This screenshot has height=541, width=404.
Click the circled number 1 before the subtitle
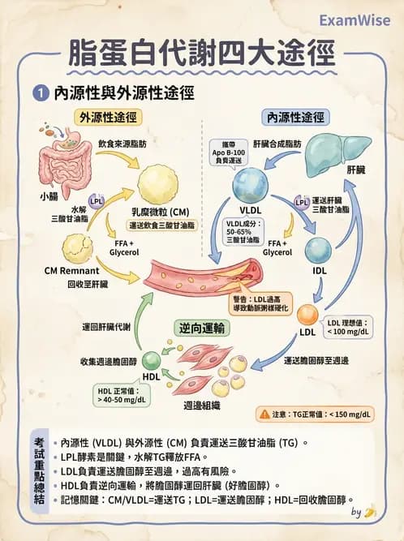(38, 94)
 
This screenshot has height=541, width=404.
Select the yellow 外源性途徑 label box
(107, 117)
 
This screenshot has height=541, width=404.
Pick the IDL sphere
(317, 251)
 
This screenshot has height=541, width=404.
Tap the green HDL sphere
(152, 362)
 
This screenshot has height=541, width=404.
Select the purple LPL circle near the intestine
(97, 200)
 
